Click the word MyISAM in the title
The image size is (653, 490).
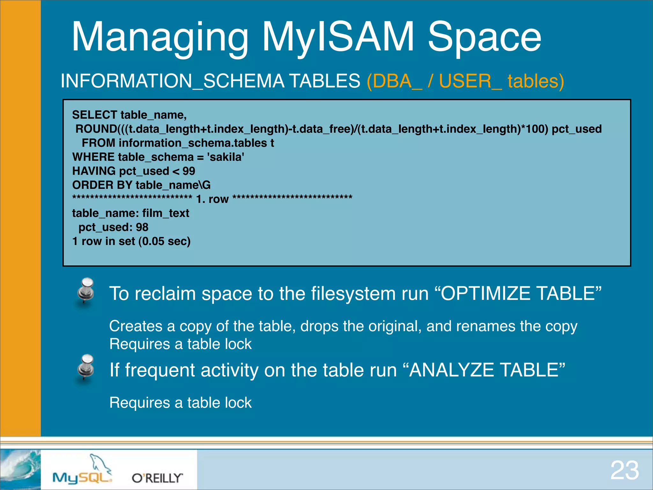pos(338,37)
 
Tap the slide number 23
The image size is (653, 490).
pos(624,470)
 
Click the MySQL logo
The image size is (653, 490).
pos(83,472)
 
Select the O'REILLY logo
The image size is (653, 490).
pos(157,478)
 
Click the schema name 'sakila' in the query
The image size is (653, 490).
pos(225,157)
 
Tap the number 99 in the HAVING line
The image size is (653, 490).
pos(189,171)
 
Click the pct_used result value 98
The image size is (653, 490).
pos(142,227)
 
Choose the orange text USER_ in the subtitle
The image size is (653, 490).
pos(470,81)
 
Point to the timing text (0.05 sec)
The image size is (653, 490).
pos(165,241)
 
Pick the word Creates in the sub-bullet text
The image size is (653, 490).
pos(136,326)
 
